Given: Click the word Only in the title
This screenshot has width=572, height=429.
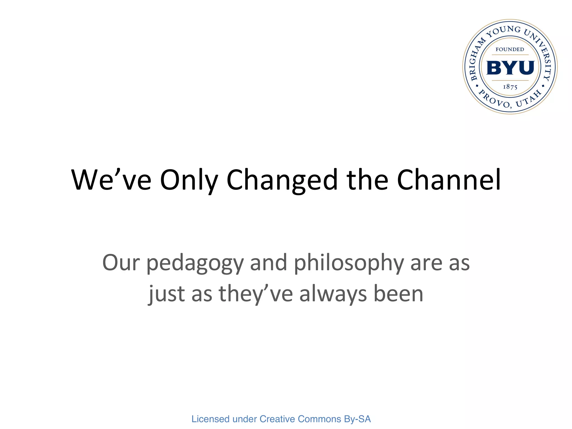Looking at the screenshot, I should pos(189,180).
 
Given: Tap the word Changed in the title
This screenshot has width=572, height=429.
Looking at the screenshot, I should pos(282,180).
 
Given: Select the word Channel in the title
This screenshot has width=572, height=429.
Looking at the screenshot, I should pos(449,180).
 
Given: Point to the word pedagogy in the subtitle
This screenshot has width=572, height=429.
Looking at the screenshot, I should pos(195,264).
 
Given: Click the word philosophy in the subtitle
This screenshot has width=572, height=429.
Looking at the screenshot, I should pos(349,264).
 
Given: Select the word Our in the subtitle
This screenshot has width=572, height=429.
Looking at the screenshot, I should pos(121,263).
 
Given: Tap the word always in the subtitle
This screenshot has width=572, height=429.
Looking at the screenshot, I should pos(333,295).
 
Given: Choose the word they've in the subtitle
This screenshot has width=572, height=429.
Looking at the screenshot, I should pos(256,295).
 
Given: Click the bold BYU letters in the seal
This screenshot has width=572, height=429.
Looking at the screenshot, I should pos(510,68).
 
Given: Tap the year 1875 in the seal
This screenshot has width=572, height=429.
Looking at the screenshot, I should pos(510,87).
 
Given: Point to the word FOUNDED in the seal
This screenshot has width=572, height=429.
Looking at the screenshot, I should pos(510,49).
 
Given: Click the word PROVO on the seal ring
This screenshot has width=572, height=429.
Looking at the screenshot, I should pos(495,100).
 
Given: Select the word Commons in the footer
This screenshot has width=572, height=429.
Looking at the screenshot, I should pos(319,419).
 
